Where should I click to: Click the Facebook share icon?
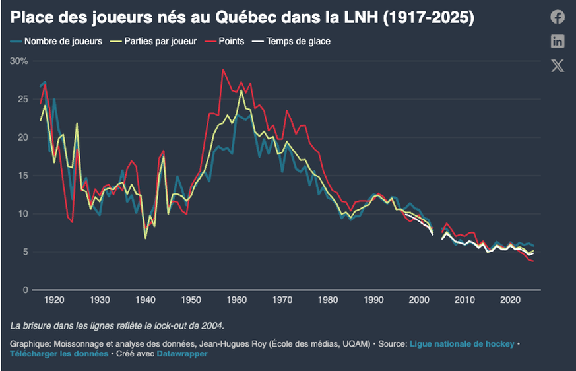point(558,17)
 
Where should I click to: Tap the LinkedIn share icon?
point(558,41)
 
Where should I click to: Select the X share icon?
point(558,65)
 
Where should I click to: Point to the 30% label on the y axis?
point(18,61)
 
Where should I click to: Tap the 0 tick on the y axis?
point(25,290)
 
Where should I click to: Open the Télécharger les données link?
point(59,354)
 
